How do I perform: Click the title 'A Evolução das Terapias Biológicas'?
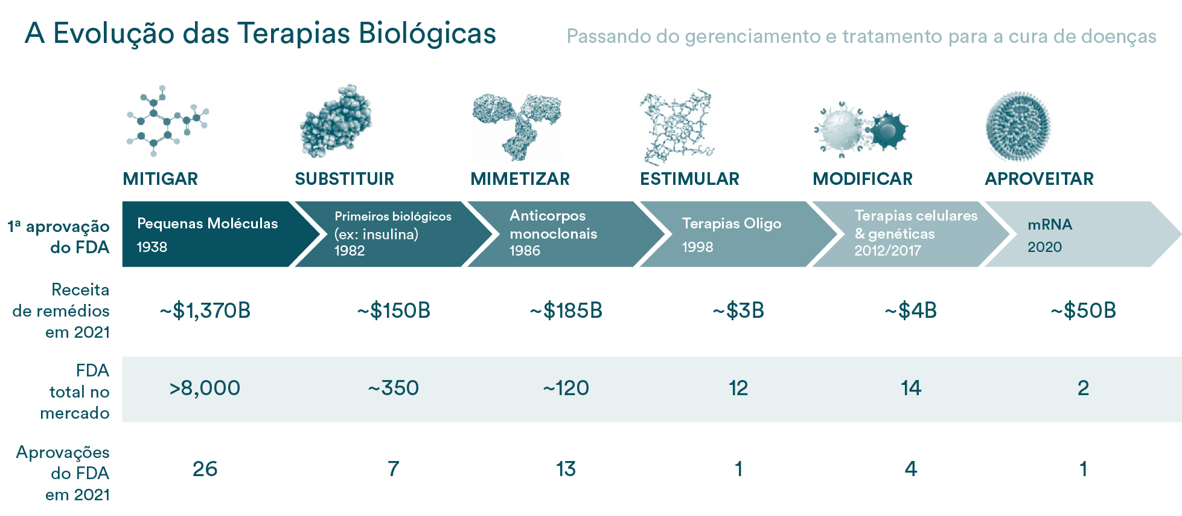pyautogui.click(x=260, y=34)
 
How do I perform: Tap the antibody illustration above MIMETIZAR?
pyautogui.click(x=517, y=125)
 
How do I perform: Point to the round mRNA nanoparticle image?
pyautogui.click(x=1018, y=126)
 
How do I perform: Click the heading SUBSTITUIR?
pyautogui.click(x=344, y=179)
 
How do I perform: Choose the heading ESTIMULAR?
pyautogui.click(x=689, y=179)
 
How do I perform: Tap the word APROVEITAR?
pyautogui.click(x=1039, y=179)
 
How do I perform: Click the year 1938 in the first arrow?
pyautogui.click(x=152, y=247)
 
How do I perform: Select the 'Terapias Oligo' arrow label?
pyautogui.click(x=732, y=224)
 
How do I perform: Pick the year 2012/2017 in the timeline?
pyautogui.click(x=887, y=250)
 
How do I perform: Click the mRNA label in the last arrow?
pyautogui.click(x=1050, y=225)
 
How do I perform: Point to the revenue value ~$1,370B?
pyautogui.click(x=205, y=311)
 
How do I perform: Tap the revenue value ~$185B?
pyautogui.click(x=566, y=311)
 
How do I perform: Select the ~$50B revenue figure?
pyautogui.click(x=1083, y=311)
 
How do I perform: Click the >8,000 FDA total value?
pyautogui.click(x=205, y=388)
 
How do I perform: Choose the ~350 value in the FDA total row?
pyautogui.click(x=393, y=388)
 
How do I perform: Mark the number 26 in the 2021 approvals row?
pyautogui.click(x=205, y=469)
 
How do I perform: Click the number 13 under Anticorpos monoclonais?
pyautogui.click(x=566, y=469)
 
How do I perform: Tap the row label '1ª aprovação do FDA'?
pyautogui.click(x=59, y=237)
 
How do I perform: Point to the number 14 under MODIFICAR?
pyautogui.click(x=911, y=388)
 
